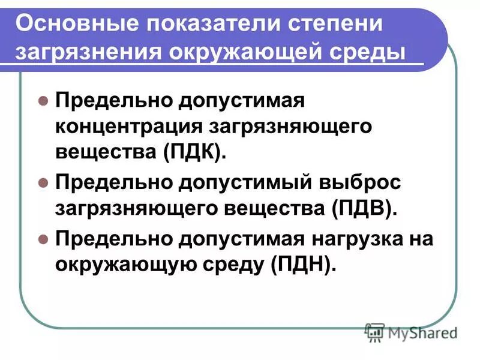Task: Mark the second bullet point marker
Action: coord(43,182)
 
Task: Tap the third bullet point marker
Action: coord(43,238)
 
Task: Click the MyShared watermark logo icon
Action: coord(375,332)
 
